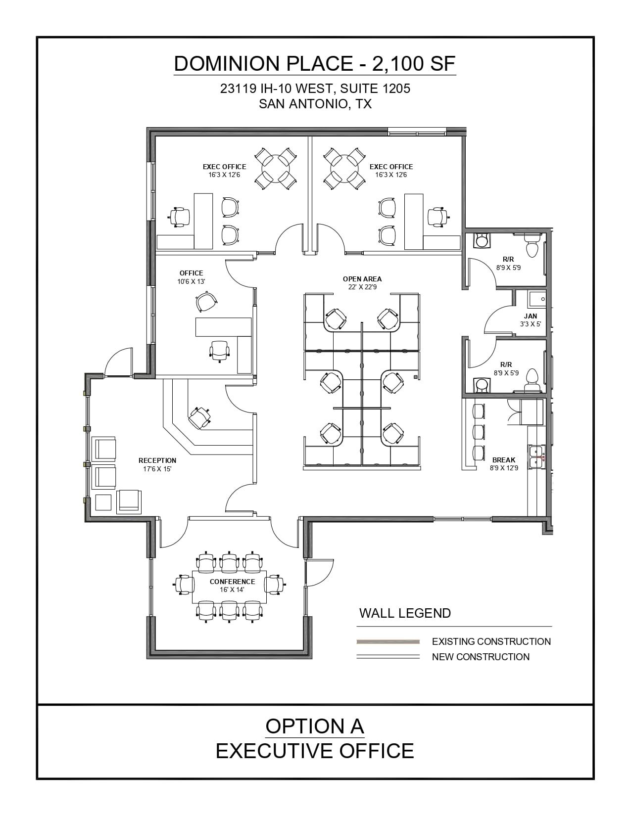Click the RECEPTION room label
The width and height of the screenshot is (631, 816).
pos(157,460)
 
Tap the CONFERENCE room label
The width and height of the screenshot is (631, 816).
pos(232,582)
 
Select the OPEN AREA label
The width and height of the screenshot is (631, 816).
pos(362,279)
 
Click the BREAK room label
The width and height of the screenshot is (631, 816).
pos(504,460)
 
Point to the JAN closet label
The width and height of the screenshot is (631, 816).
pos(531,316)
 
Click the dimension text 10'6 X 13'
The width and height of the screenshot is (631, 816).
pos(191,281)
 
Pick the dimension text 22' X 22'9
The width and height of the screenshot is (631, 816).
pos(362,287)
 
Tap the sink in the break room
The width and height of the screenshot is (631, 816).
pos(536,456)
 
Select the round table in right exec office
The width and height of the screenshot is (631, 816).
pos(345,168)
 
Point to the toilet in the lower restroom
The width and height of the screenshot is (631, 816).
pos(532,377)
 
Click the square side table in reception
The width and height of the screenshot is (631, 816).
pos(104,502)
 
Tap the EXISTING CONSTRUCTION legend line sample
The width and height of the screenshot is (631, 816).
pos(388,641)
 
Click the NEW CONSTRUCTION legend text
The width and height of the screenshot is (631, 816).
pos(481,657)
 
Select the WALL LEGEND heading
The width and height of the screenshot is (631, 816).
pos(405,613)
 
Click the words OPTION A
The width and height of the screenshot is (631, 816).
pos(315,726)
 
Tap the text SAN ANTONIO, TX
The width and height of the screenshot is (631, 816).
pos(315,104)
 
